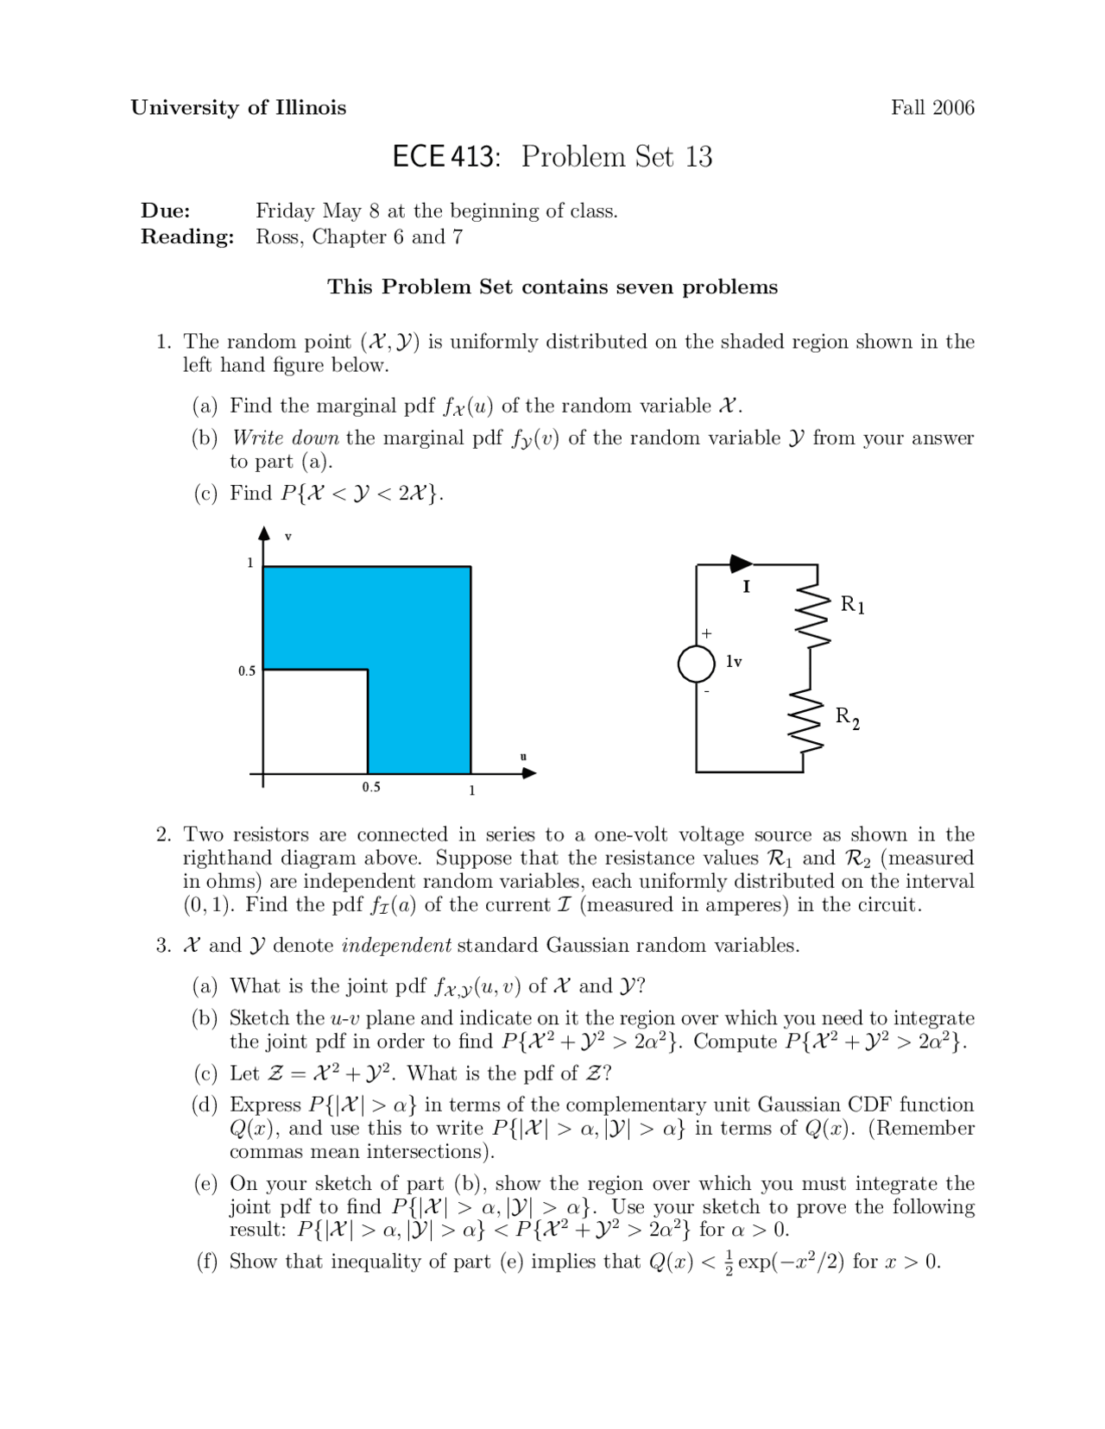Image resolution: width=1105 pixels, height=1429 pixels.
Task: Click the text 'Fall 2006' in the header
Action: pos(932,108)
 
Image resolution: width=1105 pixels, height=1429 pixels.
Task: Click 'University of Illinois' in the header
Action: pos(238,108)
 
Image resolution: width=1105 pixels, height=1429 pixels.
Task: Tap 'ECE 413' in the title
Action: pos(445,157)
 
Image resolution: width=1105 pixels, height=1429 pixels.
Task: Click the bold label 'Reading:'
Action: pos(187,237)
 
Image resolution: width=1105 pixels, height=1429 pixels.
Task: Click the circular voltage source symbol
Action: pos(697,664)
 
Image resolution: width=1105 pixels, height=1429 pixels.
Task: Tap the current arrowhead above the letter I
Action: pos(741,564)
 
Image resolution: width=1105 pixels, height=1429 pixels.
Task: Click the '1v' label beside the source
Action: pos(734,662)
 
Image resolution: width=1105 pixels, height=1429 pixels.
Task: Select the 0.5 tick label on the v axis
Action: pos(247,670)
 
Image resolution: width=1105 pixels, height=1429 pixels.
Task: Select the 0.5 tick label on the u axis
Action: pos(371,787)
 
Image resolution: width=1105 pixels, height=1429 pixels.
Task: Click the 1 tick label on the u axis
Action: pos(471,790)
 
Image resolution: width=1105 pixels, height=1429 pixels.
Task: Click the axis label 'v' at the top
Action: pos(288,537)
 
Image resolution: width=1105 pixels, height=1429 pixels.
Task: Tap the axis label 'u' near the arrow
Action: pos(522,757)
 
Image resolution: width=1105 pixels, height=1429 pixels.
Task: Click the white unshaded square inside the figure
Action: pos(315,721)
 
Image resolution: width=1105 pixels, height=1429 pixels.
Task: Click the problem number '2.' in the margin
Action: pos(164,834)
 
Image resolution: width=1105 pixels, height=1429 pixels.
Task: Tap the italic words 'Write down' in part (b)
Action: pos(286,438)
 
